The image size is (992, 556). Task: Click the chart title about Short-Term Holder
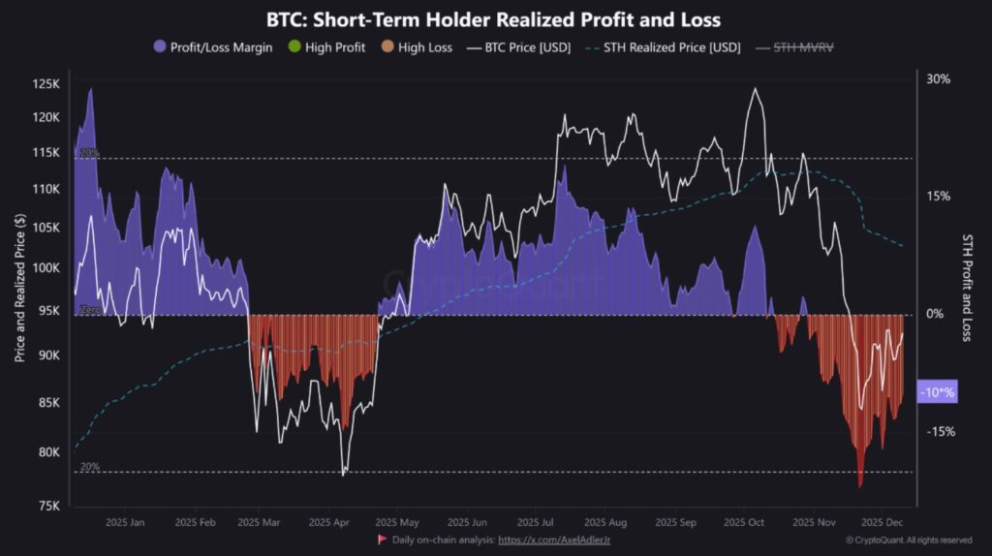click(494, 19)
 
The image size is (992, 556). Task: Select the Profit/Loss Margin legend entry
click(213, 46)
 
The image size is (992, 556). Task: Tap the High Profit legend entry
click(327, 46)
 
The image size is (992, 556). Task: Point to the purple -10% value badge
click(937, 392)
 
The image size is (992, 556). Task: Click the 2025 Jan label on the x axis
click(126, 522)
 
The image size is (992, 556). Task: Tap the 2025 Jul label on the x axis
click(535, 522)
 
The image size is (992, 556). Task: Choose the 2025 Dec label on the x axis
click(883, 522)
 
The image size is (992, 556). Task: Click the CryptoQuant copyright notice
click(908, 540)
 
